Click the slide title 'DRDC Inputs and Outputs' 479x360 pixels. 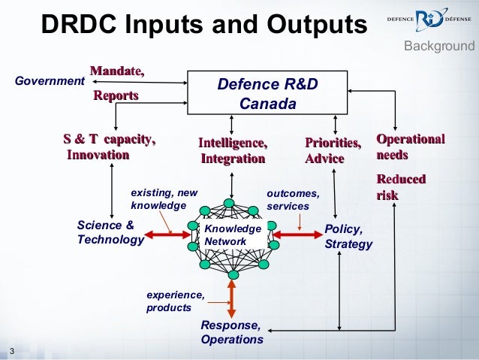(203, 24)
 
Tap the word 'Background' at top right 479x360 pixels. (439, 47)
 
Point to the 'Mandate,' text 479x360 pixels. (117, 71)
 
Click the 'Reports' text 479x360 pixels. (116, 95)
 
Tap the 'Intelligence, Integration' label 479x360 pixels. (233, 150)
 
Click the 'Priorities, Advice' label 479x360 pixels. (333, 150)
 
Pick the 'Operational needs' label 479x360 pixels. (410, 147)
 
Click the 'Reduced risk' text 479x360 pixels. (401, 187)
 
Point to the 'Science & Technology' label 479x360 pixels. (110, 233)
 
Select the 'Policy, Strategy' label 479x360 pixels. (348, 237)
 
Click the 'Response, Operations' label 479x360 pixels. (232, 332)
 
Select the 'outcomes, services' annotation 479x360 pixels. (293, 199)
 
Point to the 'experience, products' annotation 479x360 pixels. (175, 301)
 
